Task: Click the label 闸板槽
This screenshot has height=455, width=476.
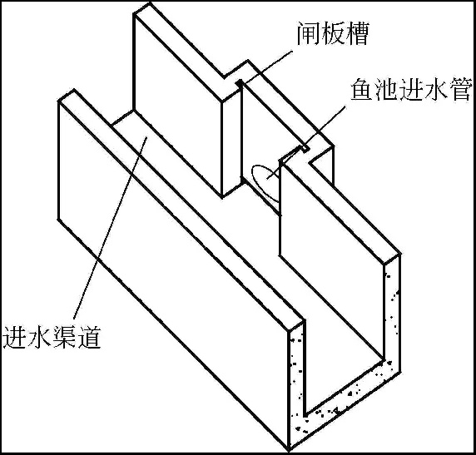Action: click(x=332, y=33)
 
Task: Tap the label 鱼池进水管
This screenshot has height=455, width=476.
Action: click(x=412, y=89)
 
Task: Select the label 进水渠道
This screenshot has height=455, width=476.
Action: click(x=52, y=336)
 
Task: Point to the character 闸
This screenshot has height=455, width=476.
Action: click(x=308, y=33)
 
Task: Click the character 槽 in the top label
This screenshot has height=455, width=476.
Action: click(x=357, y=33)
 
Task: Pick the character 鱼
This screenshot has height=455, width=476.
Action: click(x=363, y=89)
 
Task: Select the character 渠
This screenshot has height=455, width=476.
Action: click(x=64, y=336)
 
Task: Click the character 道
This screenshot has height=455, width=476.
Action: click(x=89, y=336)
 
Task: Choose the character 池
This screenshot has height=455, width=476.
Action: click(x=387, y=89)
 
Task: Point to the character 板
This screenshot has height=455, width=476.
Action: click(x=332, y=33)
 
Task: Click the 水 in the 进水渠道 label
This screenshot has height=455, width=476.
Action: click(x=39, y=336)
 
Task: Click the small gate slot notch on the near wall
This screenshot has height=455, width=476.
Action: click(x=305, y=148)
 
